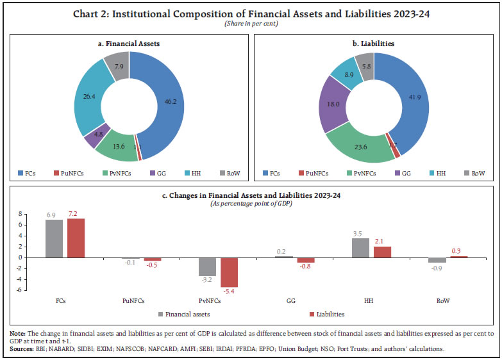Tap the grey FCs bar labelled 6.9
[x=54, y=238]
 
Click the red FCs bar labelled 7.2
[x=76, y=238]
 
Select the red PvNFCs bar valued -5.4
[x=230, y=272]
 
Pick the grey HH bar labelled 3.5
[x=360, y=248]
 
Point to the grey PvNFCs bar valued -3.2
[x=207, y=266]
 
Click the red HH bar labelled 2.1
[x=382, y=252]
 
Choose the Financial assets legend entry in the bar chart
[x=185, y=315]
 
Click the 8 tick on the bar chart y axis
[x=20, y=214]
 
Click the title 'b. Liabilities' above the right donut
[x=374, y=44]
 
